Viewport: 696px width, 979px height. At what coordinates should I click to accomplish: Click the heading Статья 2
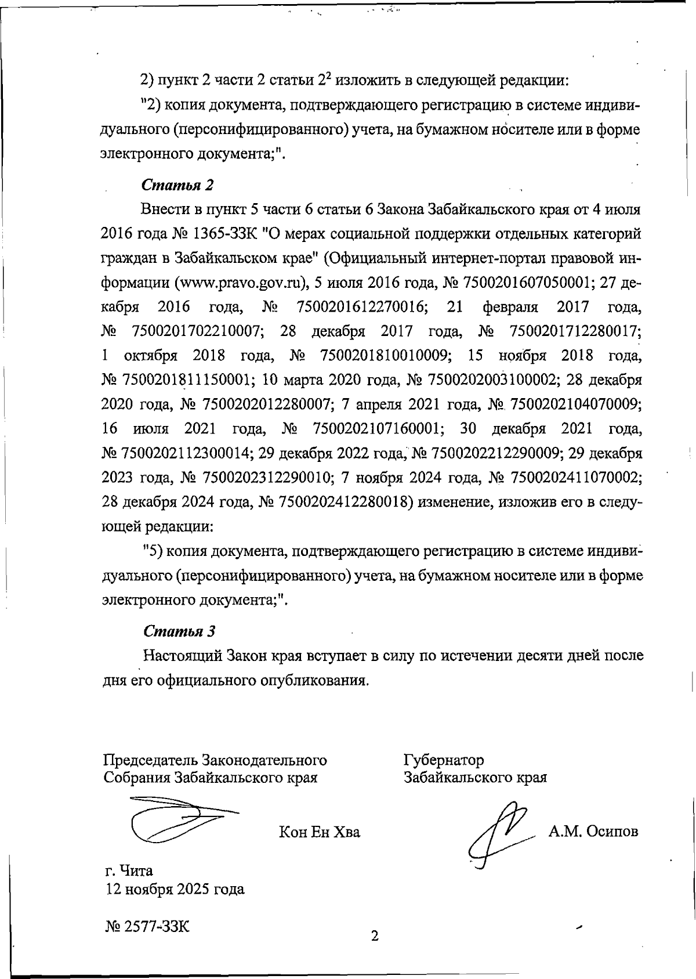(x=177, y=185)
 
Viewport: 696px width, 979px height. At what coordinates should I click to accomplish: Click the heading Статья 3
(x=179, y=631)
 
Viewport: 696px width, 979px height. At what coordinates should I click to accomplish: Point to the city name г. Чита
(x=128, y=870)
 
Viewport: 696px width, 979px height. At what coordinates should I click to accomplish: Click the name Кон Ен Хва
(x=320, y=832)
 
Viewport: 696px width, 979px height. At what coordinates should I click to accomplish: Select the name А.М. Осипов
(x=593, y=831)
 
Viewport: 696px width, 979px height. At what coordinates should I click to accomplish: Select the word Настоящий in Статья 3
(x=183, y=656)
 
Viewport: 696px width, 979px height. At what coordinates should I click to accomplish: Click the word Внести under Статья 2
(x=165, y=209)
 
